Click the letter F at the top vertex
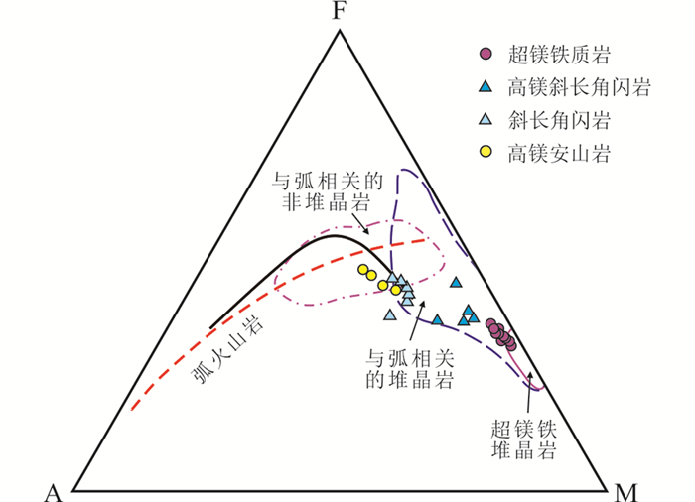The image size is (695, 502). [340, 12]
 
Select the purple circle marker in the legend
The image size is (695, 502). [485, 53]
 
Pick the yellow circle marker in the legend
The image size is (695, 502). [485, 152]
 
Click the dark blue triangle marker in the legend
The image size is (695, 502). [485, 86]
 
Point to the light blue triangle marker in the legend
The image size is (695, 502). [485, 119]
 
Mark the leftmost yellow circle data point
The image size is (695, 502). [363, 270]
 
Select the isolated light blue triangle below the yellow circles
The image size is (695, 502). [390, 315]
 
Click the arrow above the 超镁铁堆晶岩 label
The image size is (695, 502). [533, 387]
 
